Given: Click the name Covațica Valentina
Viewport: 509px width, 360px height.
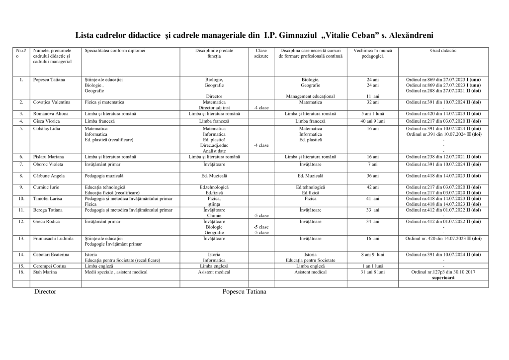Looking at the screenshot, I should pyautogui.click(x=52, y=102).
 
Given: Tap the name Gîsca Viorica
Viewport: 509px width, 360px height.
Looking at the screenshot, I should pyautogui.click(x=47, y=121).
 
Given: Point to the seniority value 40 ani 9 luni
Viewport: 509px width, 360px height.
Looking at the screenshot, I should pyautogui.click(x=372, y=121).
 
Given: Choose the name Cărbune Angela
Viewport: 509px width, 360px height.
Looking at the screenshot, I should pyautogui.click(x=49, y=176).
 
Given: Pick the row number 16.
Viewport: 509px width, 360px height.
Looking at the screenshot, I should pyautogui.click(x=21, y=272).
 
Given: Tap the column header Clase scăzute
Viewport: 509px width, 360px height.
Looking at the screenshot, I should pyautogui.click(x=261, y=53).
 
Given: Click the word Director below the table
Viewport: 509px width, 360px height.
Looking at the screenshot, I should pyautogui.click(x=45, y=292).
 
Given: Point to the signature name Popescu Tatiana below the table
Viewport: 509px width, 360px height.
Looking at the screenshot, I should pyautogui.click(x=245, y=292).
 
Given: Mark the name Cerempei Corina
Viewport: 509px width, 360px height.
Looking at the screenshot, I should pyautogui.click(x=50, y=266).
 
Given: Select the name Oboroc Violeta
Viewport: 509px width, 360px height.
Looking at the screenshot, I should pyautogui.click(x=49, y=164).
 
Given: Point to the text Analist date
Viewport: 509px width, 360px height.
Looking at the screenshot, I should pyautogui.click(x=214, y=151).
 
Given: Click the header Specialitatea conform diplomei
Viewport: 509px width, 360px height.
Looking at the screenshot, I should pyautogui.click(x=115, y=51).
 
